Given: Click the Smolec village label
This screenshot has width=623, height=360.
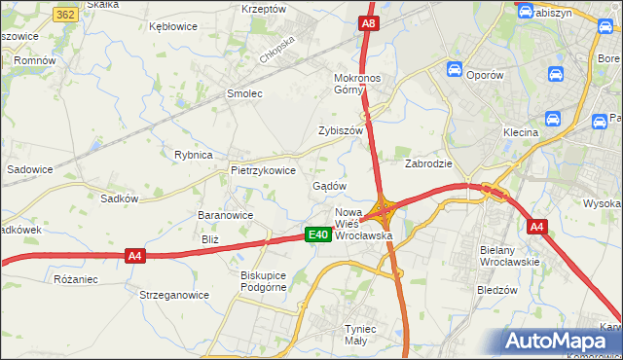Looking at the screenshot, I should [244, 93].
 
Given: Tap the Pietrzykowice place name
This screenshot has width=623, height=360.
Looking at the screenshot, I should [263, 169].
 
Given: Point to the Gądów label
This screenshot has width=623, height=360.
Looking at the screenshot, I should [329, 185].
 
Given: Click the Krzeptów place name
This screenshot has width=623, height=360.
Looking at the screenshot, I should [264, 8].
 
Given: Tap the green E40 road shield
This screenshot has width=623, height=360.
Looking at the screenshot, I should [317, 234].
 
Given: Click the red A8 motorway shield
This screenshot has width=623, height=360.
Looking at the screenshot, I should [367, 22].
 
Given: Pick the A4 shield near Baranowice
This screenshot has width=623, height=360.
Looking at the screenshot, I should [135, 256].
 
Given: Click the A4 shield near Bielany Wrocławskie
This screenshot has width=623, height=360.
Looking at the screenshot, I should [536, 227].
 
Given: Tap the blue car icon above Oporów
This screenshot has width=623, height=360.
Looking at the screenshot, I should [455, 69].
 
